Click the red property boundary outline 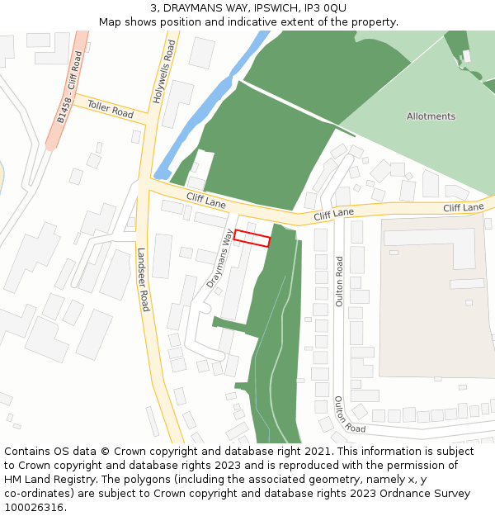[252, 238]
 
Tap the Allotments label [431, 116]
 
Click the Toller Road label [110, 108]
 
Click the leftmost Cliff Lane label [205, 199]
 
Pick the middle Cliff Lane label [333, 215]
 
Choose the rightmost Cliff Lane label [463, 207]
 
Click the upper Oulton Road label [339, 281]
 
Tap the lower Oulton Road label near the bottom [350, 414]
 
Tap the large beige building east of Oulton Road [433, 297]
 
